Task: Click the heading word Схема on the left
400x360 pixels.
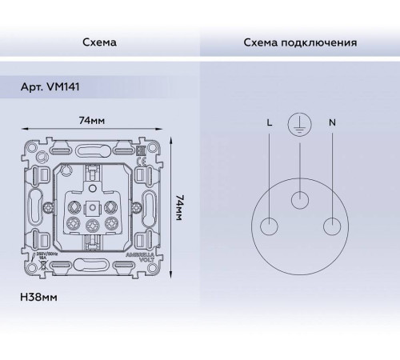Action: tap(99, 42)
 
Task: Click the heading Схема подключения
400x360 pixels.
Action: tap(299, 42)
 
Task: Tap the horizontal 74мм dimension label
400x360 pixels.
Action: tap(94, 121)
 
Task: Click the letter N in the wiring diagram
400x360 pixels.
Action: tap(331, 123)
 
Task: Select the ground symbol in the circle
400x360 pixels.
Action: tap(299, 126)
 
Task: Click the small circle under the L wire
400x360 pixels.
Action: tap(267, 226)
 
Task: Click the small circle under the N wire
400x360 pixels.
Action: tap(331, 226)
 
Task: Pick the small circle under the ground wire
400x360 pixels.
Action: tap(299, 200)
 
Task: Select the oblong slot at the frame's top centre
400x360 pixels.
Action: tap(93, 147)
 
